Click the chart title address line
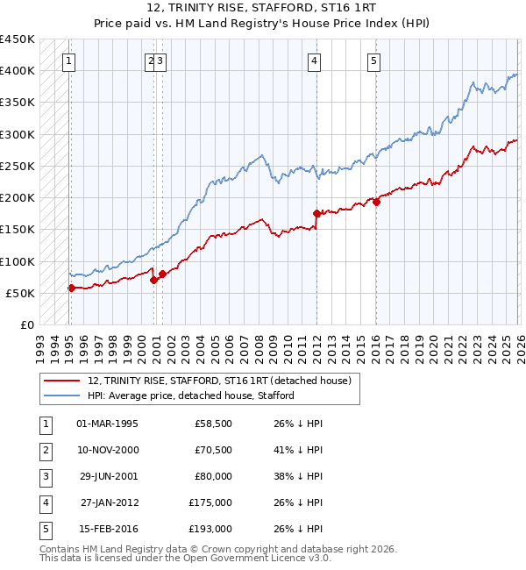coord(263,9)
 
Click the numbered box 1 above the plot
coord(68,61)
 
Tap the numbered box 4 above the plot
coord(314,61)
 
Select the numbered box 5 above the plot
coord(373,61)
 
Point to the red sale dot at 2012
coord(316,212)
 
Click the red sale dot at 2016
coord(376,202)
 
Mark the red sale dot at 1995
coord(71,287)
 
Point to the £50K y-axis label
coord(21,293)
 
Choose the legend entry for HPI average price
coord(190,395)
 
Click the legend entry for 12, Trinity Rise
coord(219,381)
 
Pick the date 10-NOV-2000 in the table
coord(108,450)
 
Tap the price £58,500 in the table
coord(213,424)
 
